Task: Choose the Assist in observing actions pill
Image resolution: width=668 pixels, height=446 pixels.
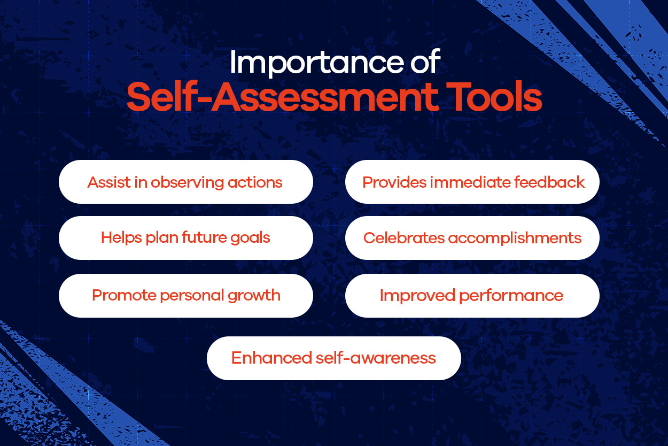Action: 186,182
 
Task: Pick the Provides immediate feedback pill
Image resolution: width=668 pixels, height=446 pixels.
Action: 472,182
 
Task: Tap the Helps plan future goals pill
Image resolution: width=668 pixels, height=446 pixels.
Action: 186,238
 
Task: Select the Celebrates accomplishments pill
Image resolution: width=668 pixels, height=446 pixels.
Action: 472,238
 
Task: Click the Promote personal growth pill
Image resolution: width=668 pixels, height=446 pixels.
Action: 186,295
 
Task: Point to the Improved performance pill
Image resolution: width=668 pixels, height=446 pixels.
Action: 472,295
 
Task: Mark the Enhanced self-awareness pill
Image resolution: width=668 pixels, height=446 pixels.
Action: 333,358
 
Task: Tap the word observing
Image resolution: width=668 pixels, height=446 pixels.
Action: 187,183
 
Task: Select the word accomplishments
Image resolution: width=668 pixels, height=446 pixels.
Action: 515,239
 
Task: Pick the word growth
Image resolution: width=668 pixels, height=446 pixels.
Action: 254,296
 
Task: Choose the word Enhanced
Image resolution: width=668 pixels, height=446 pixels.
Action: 271,358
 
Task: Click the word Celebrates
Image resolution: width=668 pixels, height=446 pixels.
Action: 404,238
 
